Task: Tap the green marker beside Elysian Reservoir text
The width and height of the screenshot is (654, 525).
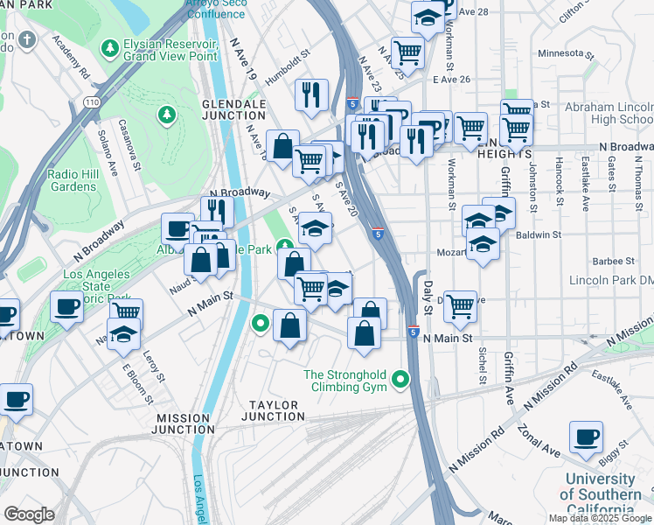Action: click(110, 45)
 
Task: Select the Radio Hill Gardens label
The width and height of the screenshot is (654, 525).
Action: click(73, 179)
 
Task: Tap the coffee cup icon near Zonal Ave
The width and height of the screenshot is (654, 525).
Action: click(587, 437)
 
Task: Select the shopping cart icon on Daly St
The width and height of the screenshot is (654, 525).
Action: click(460, 307)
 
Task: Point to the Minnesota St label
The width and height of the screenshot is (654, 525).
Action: click(565, 52)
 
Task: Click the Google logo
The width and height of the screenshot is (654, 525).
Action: click(29, 514)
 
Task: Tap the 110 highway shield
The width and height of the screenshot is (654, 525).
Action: click(91, 102)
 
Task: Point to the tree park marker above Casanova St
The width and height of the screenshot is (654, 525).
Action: click(166, 115)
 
